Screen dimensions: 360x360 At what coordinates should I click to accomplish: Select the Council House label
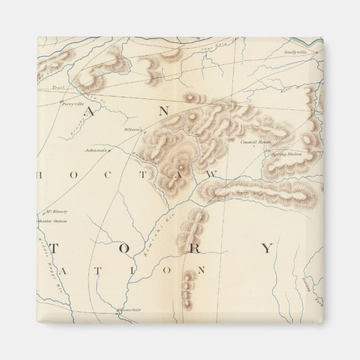[x=255, y=142]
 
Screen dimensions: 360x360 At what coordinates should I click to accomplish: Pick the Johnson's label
[x=94, y=150]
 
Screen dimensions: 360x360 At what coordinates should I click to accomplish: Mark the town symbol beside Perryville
[x=61, y=102]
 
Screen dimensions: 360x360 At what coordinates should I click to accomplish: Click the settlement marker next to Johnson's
[x=110, y=151]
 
